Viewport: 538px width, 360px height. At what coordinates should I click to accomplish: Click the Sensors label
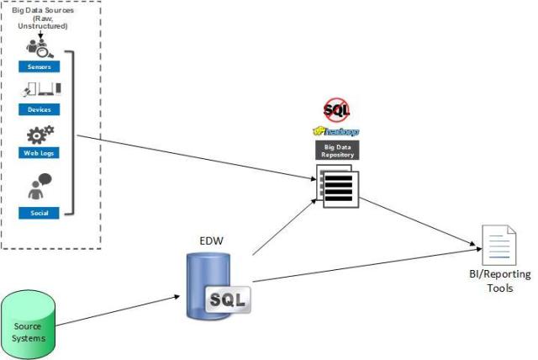coord(39,65)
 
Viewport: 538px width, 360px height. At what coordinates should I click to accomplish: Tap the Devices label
coord(39,109)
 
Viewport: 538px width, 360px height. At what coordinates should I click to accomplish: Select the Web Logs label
coord(39,153)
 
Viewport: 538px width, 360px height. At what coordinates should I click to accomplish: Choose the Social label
coord(39,213)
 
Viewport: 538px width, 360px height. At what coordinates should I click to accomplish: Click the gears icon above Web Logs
coord(40,135)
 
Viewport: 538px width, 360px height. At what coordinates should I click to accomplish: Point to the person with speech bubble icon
coord(40,188)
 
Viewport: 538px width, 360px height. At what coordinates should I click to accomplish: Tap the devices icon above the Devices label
coord(40,89)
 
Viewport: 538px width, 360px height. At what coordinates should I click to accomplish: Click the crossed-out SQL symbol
coord(336,109)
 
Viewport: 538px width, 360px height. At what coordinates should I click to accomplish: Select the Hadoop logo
coord(335,131)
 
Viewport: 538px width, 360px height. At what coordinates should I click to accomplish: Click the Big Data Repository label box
coord(335,151)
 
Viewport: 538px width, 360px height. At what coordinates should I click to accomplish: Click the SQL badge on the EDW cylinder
coord(229,299)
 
